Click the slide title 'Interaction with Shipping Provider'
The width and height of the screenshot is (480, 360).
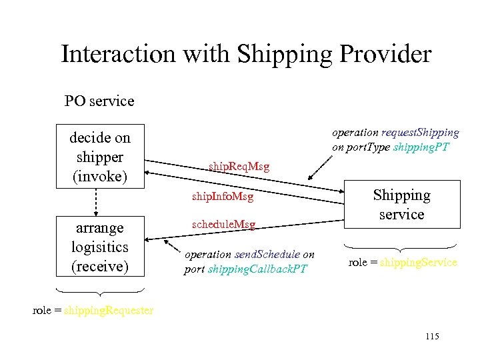(246, 54)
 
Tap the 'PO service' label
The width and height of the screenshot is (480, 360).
(99, 101)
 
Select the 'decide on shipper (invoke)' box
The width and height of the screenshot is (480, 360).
(100, 156)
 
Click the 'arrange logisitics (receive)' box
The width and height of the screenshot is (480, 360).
(100, 246)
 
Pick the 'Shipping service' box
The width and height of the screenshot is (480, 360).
(401, 204)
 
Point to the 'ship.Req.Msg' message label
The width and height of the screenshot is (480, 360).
(239, 166)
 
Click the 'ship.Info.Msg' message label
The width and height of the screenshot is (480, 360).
(222, 197)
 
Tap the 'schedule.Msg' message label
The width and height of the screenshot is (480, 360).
(223, 225)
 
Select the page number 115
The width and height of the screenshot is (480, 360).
(431, 336)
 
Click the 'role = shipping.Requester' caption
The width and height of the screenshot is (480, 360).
(93, 310)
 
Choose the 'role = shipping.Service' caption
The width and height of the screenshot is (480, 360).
(402, 263)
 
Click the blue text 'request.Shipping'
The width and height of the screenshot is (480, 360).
(420, 133)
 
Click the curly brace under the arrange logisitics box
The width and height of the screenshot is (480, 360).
(100, 291)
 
